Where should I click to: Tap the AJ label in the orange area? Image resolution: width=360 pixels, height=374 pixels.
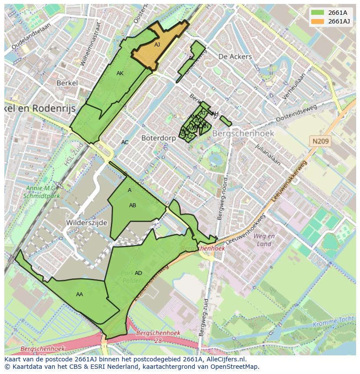click(x=157, y=44)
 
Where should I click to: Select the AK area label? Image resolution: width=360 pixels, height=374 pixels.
click(x=120, y=73)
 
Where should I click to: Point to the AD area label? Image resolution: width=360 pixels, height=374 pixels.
click(x=138, y=273)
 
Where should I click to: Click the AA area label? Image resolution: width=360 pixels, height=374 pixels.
click(x=80, y=295)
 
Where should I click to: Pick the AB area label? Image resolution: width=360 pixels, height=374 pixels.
click(x=133, y=205)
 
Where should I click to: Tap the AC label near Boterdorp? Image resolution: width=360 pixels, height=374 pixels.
click(x=125, y=142)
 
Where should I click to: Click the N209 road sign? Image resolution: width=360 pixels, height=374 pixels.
click(x=320, y=141)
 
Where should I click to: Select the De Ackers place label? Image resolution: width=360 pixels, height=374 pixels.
click(x=235, y=56)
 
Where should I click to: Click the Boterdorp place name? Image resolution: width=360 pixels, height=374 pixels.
click(x=158, y=138)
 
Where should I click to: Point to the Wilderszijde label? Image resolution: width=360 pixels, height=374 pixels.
click(x=87, y=222)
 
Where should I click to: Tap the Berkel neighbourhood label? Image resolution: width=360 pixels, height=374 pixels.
click(x=67, y=83)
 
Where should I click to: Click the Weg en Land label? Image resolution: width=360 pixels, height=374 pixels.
click(x=264, y=240)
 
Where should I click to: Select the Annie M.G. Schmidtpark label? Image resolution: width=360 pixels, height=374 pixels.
click(x=45, y=192)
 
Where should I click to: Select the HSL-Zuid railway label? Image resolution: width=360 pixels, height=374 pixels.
click(x=70, y=155)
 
